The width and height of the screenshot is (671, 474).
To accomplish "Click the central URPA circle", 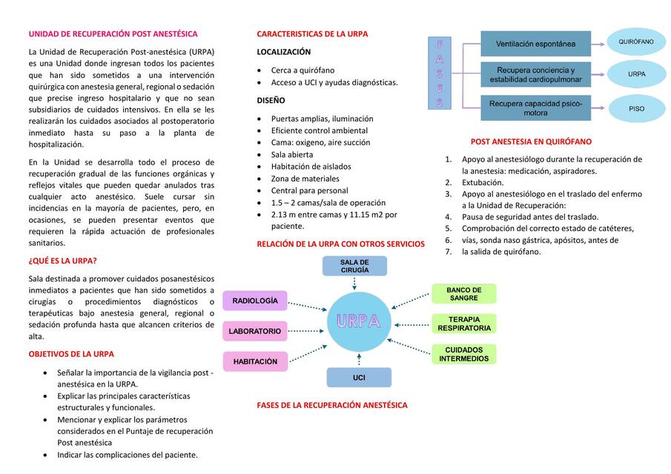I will coord(359,321).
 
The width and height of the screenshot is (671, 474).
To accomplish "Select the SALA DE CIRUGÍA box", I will coord(354,266).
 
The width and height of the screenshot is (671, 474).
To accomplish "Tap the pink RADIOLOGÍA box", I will coord(254,301).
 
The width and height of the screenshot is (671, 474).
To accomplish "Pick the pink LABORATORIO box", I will coord(254,331).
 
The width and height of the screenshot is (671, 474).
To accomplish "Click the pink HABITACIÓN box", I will coord(254,361).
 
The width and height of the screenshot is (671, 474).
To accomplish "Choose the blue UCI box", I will coord(359,378).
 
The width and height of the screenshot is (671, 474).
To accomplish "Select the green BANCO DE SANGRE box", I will coord(463,294).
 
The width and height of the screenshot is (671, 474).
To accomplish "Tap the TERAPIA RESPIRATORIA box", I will coord(463,324).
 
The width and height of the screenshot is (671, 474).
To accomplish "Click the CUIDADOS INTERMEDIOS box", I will coord(463,354).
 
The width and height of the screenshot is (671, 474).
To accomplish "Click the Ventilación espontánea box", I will coord(535,44).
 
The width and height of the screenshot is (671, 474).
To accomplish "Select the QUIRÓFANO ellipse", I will coord(636,42).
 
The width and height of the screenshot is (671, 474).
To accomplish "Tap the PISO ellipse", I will coord(636,108).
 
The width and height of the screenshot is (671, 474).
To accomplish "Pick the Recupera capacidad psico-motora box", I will coord(535,108).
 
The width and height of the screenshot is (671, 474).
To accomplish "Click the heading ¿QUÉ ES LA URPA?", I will coord(62,261).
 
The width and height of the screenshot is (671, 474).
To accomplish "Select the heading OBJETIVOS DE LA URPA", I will coord(71,354).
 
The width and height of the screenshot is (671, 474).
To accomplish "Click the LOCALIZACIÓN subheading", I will coord(283,52).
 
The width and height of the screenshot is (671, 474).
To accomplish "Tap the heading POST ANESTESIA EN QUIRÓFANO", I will coord(531,141).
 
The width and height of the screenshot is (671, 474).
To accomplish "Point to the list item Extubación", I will coord(482,182).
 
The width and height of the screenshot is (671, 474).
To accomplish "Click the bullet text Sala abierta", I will coord(291,155).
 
